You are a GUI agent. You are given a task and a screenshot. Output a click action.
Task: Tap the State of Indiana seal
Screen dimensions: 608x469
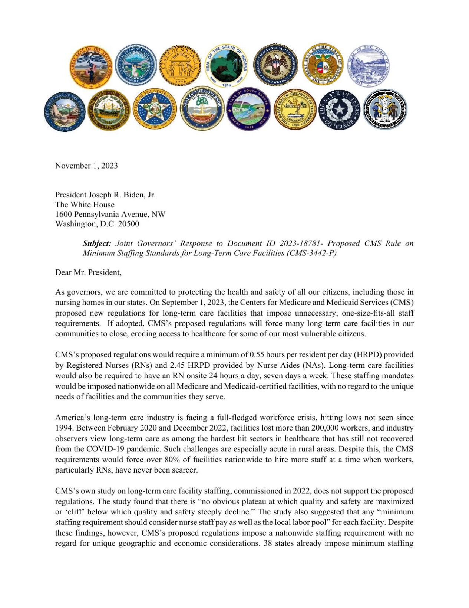click(227, 66)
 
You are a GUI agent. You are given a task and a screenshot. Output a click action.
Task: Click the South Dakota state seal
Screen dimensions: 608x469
click(248, 109)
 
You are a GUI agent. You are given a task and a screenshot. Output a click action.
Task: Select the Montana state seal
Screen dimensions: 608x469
click(368, 66)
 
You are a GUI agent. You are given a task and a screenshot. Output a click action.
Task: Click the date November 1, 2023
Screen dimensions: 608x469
click(86, 166)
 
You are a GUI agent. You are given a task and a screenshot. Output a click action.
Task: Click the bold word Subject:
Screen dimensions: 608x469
click(97, 243)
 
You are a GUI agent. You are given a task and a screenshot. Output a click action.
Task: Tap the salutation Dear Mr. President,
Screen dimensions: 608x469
click(88, 272)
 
